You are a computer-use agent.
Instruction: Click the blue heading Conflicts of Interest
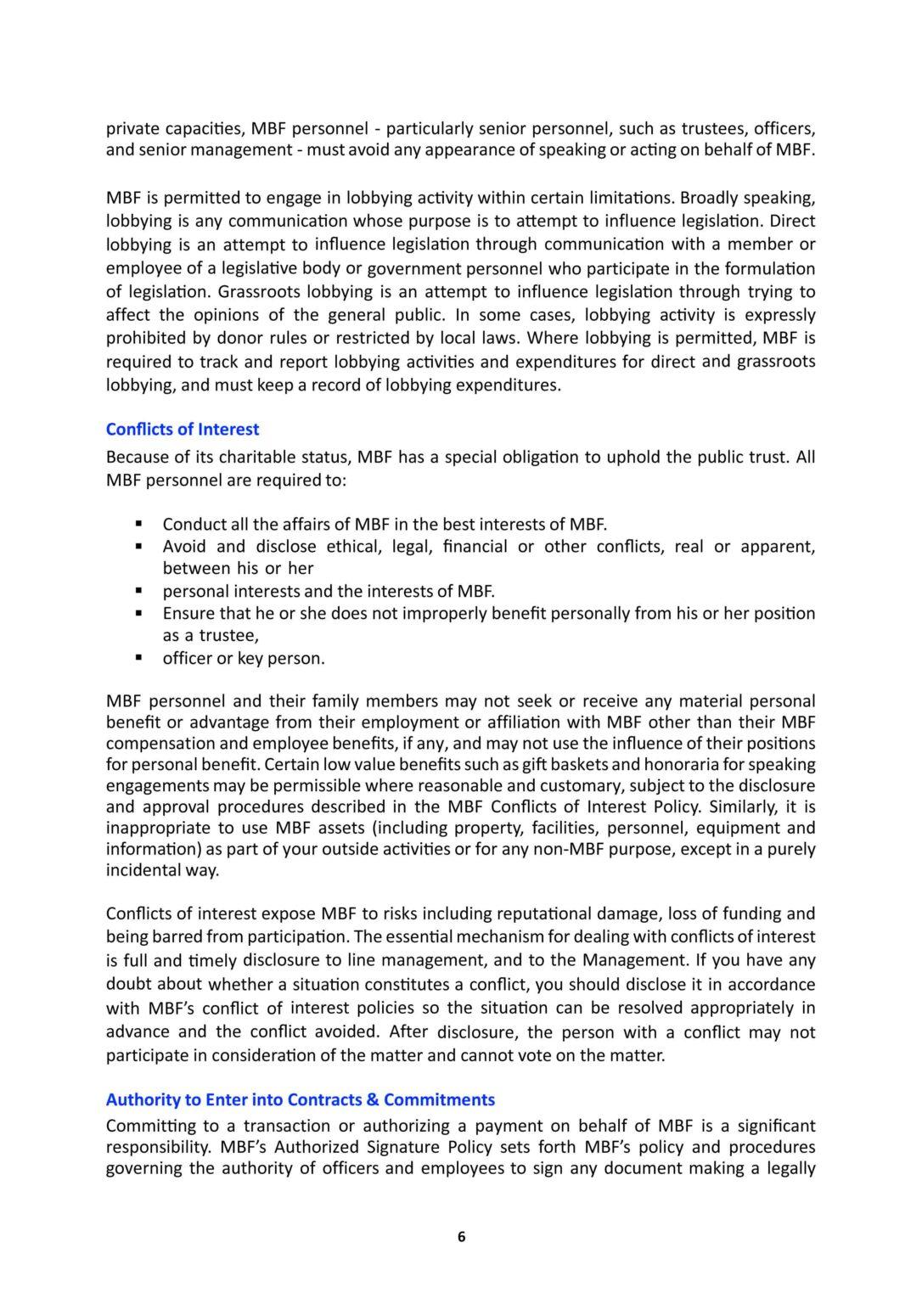[x=183, y=430]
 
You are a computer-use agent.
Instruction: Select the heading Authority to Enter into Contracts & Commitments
[x=300, y=1099]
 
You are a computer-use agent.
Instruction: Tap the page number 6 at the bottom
[x=461, y=1236]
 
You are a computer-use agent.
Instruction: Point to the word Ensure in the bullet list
[x=189, y=613]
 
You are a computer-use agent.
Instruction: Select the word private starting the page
[x=132, y=129]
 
